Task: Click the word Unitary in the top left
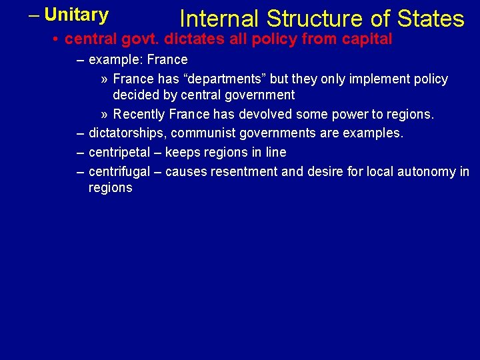pos(77,15)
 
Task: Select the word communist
pos(200,133)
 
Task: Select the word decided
pos(135,95)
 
